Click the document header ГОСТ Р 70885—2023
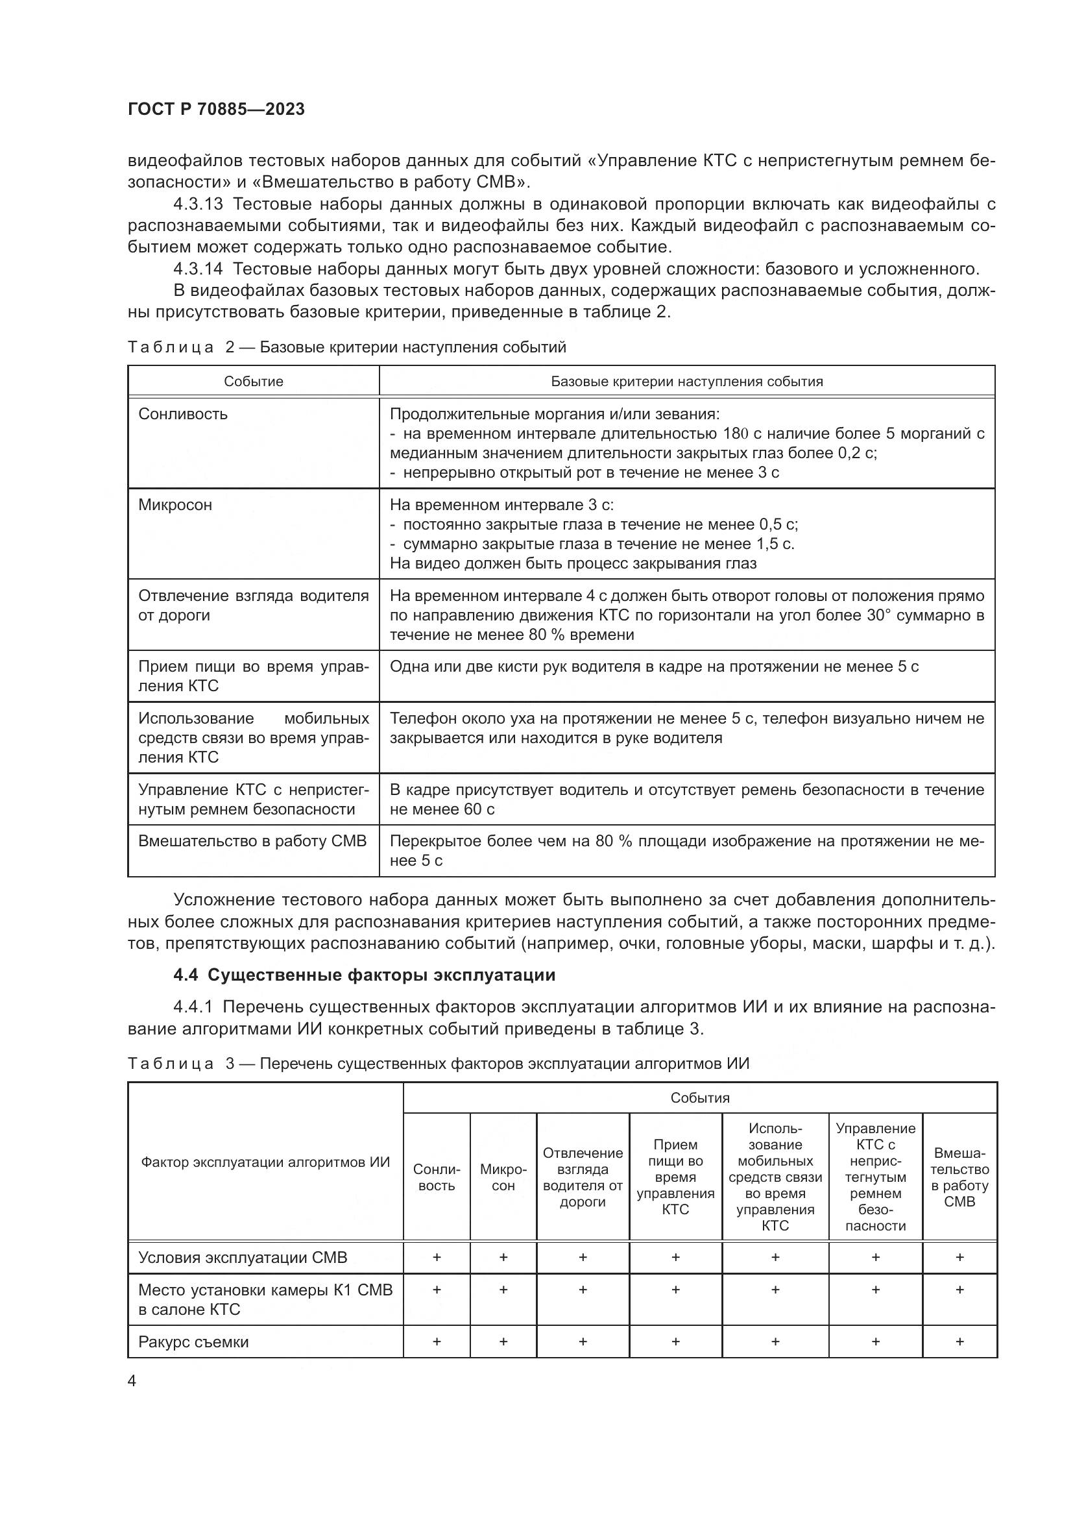point(216,109)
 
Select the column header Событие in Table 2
point(253,382)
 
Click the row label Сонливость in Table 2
point(183,414)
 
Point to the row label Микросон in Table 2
point(175,505)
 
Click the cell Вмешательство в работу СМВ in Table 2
point(252,841)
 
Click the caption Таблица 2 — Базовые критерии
point(346,347)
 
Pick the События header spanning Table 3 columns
point(700,1098)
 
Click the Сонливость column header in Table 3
point(436,1177)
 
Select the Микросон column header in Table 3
point(503,1177)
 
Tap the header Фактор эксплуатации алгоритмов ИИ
point(265,1162)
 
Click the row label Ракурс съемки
point(193,1341)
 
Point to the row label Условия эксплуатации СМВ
point(243,1257)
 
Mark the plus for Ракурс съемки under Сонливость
point(436,1341)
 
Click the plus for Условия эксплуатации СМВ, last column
point(959,1257)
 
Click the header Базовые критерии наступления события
point(686,382)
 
